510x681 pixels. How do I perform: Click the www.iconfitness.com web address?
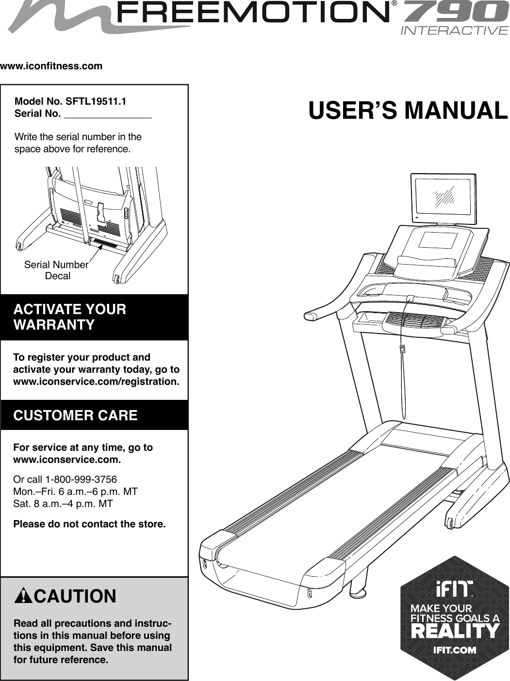(51, 66)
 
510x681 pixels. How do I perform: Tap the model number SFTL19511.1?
(96, 102)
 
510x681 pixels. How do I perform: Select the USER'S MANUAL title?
(408, 111)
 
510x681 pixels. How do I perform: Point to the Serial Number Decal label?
(56, 270)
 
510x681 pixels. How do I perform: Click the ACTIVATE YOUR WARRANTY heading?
(70, 317)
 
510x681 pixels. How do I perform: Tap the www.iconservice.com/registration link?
(96, 381)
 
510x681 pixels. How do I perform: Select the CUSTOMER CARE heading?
(75, 415)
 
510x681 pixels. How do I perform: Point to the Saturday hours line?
(63, 504)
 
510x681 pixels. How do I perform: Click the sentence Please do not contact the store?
(89, 524)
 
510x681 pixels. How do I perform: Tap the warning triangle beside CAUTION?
(23, 596)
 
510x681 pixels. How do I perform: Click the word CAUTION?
(75, 596)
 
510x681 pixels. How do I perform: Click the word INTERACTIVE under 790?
(454, 31)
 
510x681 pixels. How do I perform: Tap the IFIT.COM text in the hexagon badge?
(454, 650)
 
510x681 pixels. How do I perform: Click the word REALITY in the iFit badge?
(455, 632)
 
